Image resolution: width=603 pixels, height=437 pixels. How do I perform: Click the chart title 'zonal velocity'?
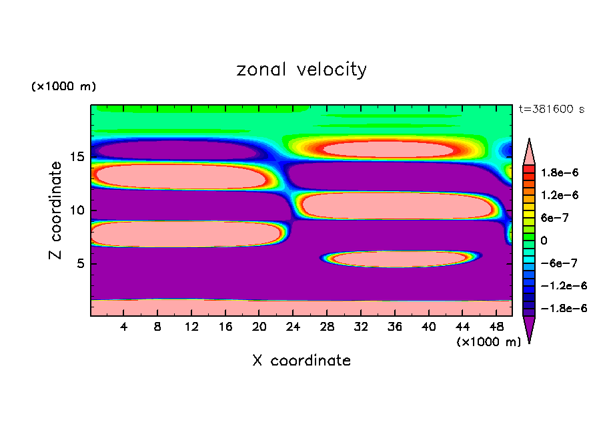coord(301,69)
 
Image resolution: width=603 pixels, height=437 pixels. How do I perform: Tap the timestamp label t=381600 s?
coord(551,109)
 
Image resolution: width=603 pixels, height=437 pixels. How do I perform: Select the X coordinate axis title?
coord(301,361)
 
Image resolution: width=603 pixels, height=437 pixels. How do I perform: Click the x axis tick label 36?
coord(395,327)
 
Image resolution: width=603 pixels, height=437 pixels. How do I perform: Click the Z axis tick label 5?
coord(80,263)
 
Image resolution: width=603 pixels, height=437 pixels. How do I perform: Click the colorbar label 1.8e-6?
coord(559,172)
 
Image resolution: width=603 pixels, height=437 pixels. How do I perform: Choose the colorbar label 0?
coord(543,241)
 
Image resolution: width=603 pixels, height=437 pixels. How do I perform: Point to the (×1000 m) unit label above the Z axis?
coord(64,87)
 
